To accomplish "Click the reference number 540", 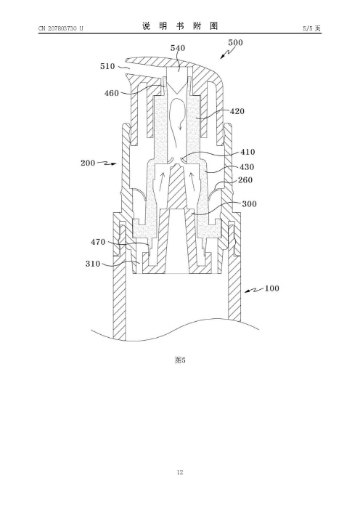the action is click(178, 48).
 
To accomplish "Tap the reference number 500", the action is click(235, 42).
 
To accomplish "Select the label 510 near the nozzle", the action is click(107, 66).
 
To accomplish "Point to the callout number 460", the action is click(112, 93).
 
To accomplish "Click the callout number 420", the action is click(237, 111).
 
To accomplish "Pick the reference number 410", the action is click(247, 152).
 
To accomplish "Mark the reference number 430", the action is click(247, 167).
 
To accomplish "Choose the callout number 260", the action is click(245, 180).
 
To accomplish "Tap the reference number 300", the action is click(249, 204).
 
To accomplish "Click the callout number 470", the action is click(98, 242).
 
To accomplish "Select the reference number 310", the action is click(93, 264).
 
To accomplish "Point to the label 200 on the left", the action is click(88, 163).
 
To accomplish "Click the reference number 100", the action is click(272, 288).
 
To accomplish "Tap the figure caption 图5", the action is click(180, 360).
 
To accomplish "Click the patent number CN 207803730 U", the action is click(61, 28).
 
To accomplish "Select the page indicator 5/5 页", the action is click(312, 28).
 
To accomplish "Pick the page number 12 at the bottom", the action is click(180, 472).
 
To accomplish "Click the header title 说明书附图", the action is click(180, 26).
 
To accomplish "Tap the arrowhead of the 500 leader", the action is click(222, 57).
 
